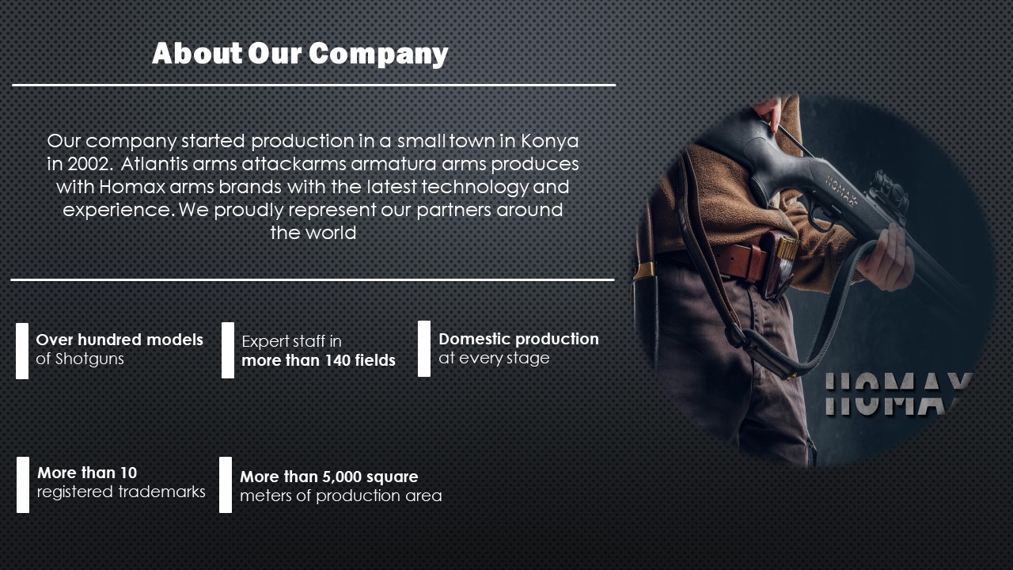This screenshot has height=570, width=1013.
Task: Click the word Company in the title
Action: click(x=378, y=55)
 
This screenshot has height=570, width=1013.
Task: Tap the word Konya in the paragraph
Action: click(x=549, y=141)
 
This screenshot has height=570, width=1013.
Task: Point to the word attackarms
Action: click(x=294, y=164)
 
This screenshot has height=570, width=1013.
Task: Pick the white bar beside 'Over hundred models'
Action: click(x=22, y=351)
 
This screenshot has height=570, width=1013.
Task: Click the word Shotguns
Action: click(x=89, y=359)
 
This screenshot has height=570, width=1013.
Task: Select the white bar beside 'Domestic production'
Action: click(x=424, y=349)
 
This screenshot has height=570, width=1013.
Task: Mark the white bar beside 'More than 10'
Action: click(x=23, y=485)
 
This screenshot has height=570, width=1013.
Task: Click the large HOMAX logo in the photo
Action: click(x=897, y=393)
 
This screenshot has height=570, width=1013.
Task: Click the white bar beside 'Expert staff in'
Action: click(x=228, y=350)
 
